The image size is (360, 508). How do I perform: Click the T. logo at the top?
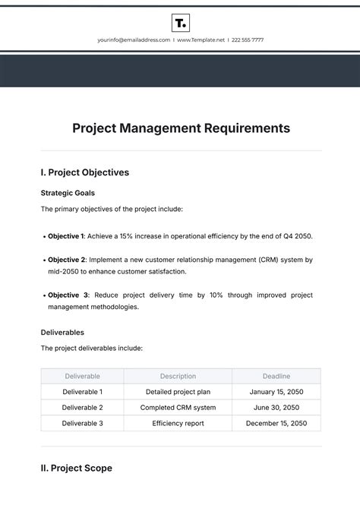coord(181,22)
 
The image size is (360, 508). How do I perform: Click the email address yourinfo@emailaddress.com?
coord(134,39)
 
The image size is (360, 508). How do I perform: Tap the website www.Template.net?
coord(201,39)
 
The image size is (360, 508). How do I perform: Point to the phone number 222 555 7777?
coord(248,39)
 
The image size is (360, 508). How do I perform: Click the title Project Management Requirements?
coord(181,128)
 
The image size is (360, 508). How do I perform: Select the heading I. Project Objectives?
coord(84,172)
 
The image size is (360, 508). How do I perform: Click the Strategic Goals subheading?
coord(68,193)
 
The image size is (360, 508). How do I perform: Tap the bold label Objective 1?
coord(66,236)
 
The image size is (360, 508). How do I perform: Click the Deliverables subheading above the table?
coord(62,332)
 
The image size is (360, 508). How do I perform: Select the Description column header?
coord(178,376)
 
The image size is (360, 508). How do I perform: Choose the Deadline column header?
coord(276,376)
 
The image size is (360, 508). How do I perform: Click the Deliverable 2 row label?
coord(82,408)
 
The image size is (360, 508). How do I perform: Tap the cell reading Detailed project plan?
coord(178,392)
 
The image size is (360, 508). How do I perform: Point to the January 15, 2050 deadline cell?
coord(276,392)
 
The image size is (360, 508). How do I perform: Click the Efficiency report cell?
coord(178,424)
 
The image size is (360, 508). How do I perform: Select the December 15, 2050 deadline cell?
coord(276,424)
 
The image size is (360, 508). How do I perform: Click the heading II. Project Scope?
coord(76,469)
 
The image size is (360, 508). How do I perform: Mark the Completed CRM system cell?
coord(178,408)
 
